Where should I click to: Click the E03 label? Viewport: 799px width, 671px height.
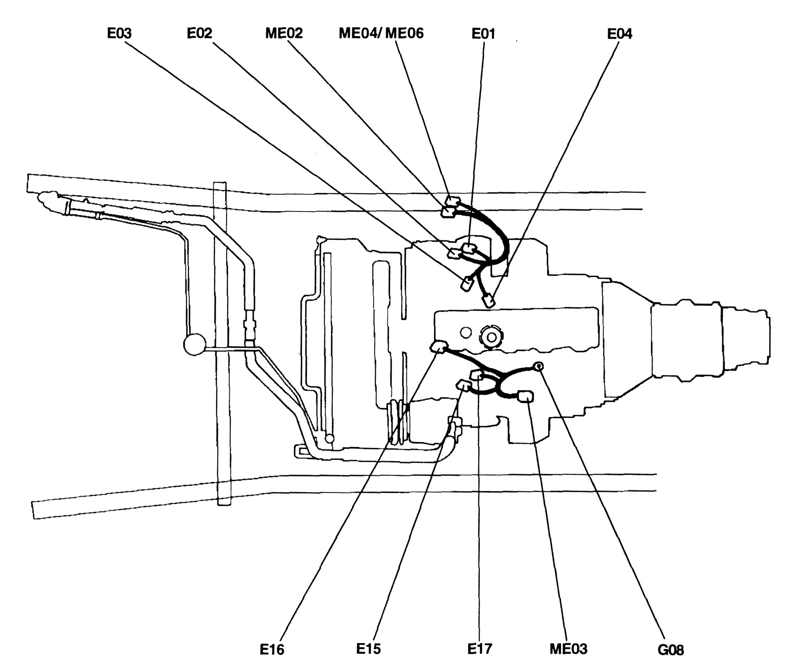[x=119, y=34]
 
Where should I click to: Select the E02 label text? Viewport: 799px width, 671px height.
[x=199, y=33]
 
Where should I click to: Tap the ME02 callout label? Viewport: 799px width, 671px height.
[x=284, y=33]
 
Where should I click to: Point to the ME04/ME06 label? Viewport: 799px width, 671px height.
[x=381, y=33]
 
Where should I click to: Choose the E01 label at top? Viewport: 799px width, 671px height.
[x=483, y=34]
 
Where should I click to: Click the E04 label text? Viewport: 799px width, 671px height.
[x=620, y=34]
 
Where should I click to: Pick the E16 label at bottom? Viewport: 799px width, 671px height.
[x=272, y=650]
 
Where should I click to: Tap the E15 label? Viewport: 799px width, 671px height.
[x=368, y=649]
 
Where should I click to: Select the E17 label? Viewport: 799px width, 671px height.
[x=480, y=649]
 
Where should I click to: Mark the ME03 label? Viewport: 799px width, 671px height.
[x=568, y=649]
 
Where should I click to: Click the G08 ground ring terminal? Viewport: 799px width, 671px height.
[x=538, y=365]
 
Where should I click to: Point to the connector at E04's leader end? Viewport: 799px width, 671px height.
[x=489, y=301]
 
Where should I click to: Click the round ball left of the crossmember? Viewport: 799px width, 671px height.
[x=195, y=344]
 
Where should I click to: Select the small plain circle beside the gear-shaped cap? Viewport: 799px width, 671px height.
[x=465, y=332]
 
